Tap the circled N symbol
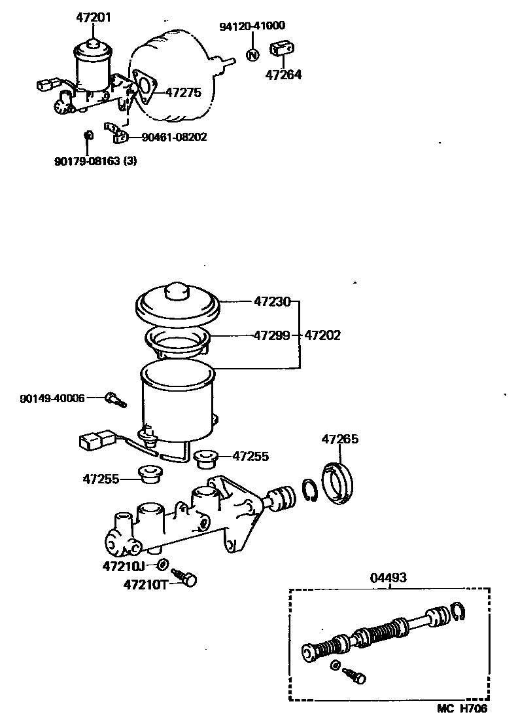coord(252,54)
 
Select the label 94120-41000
coord(252,26)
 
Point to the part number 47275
coord(182,93)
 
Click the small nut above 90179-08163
coord(90,136)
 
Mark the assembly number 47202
coord(322,335)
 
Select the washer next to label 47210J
coord(164,564)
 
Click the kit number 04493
coord(388,577)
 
